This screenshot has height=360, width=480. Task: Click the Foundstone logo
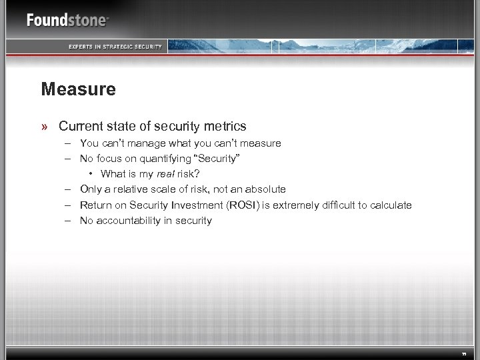67,20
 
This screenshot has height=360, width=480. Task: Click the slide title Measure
78,89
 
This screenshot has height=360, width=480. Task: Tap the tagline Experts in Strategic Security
116,46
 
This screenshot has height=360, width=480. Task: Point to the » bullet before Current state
44,126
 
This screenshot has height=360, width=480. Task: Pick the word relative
135,189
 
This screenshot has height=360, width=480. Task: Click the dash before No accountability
67,220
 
